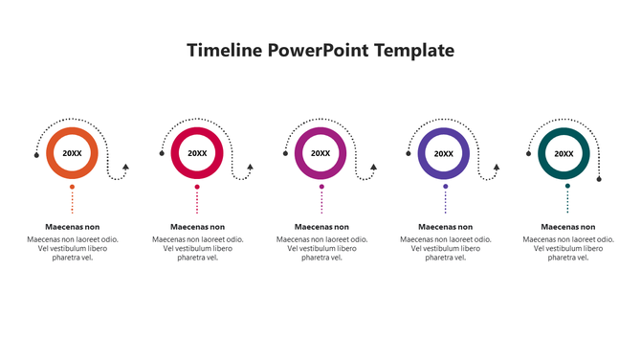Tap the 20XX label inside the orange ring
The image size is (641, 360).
coord(73,153)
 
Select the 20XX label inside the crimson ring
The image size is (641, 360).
coord(197,153)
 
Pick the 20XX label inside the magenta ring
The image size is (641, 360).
coord(320,153)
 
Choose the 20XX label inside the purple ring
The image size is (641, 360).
coord(444,153)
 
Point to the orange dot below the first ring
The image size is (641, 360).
coord(73,186)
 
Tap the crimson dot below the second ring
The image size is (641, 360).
coord(197,186)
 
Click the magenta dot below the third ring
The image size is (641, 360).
coord(321,186)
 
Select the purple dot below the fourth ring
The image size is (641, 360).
coord(445,186)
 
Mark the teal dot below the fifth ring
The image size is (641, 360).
coord(567,186)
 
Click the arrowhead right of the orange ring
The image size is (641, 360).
coord(126,167)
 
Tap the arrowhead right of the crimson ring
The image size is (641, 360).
coord(250,167)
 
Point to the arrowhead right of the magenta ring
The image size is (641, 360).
coord(373,167)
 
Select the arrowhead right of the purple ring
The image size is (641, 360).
coord(497,167)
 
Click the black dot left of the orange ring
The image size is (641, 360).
coord(37,154)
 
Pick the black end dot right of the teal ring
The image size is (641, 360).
coord(599,178)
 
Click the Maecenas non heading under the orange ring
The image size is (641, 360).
coord(73,227)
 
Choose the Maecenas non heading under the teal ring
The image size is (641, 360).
coord(567,227)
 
